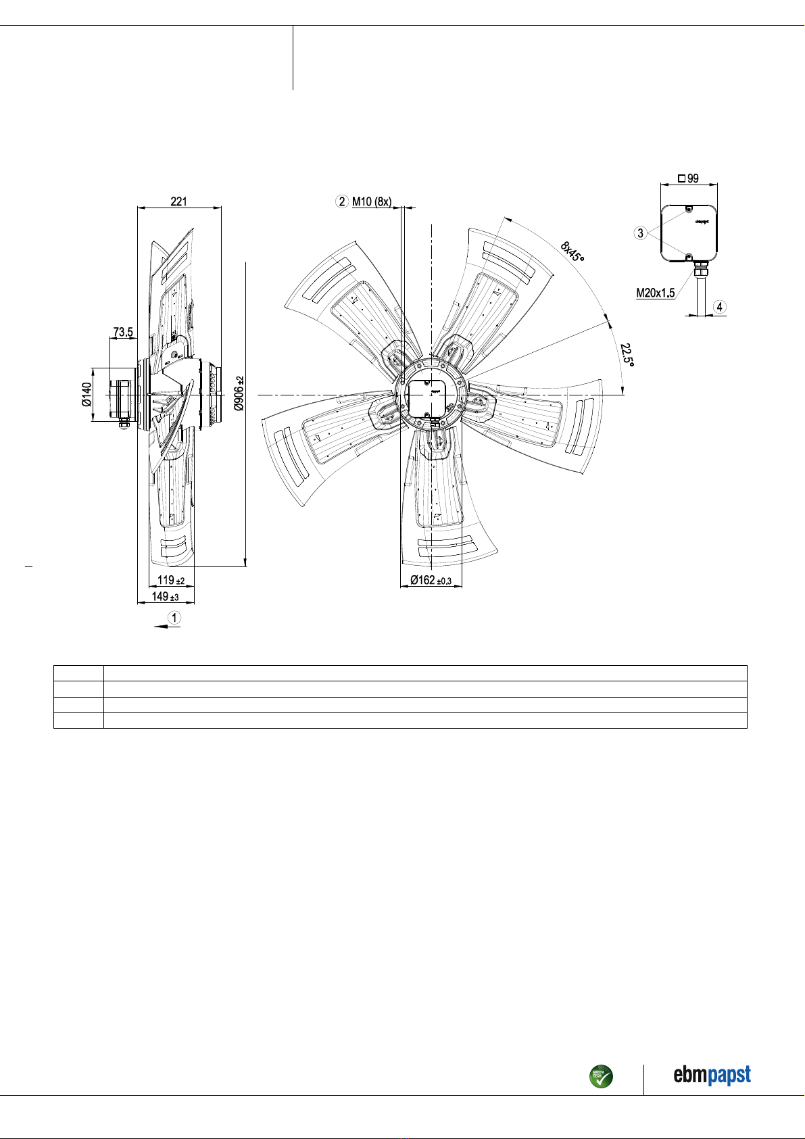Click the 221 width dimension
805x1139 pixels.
[x=178, y=201]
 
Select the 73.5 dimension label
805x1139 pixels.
[x=123, y=332]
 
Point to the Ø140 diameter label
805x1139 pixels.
[x=87, y=395]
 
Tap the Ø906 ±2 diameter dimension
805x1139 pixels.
[x=239, y=393]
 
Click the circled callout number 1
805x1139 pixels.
[x=174, y=617]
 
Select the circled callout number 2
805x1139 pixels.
[x=342, y=201]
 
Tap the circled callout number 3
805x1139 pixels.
[x=640, y=233]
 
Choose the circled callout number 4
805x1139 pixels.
[x=720, y=307]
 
